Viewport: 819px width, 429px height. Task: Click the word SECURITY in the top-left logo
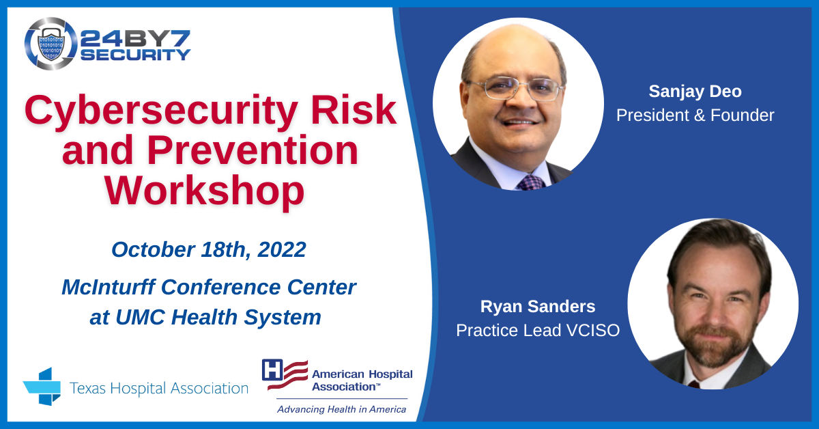click(135, 55)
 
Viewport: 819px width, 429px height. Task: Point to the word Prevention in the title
click(253, 150)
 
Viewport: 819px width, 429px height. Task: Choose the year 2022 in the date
click(282, 249)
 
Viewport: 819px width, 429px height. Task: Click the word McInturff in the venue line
click(109, 287)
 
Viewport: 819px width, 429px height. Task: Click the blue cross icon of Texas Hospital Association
click(42, 387)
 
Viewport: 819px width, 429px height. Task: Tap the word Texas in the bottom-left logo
click(87, 388)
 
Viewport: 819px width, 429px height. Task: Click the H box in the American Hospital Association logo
click(272, 370)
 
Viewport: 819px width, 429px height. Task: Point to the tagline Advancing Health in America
click(341, 409)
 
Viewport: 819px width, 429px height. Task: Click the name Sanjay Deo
click(695, 91)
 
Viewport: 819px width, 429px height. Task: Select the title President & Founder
click(695, 115)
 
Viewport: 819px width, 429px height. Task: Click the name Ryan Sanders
click(538, 306)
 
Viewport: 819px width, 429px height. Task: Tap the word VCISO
click(593, 330)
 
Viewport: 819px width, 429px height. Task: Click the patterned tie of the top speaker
click(531, 182)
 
